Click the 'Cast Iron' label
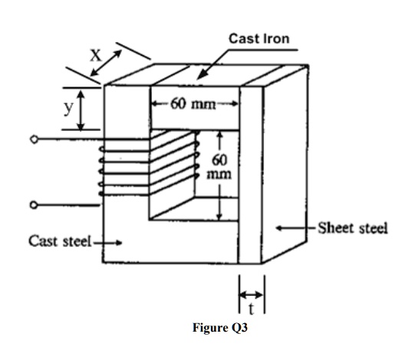[x=259, y=38]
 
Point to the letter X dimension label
[x=94, y=55]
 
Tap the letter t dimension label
[x=251, y=309]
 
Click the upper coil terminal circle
[x=33, y=139]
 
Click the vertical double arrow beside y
[x=81, y=108]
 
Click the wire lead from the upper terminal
[x=69, y=139]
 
